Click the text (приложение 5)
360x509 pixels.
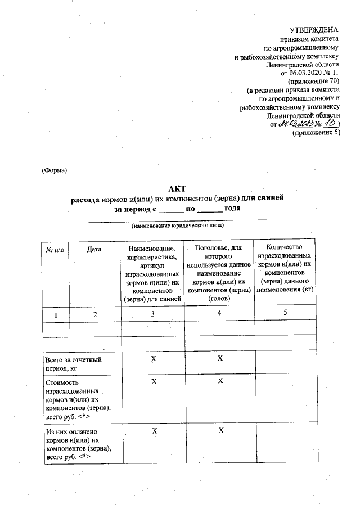(316, 133)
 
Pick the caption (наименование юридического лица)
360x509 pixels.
(178, 226)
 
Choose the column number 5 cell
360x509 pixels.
(285, 313)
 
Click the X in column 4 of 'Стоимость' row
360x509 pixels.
(220, 381)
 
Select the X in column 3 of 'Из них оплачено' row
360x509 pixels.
(152, 430)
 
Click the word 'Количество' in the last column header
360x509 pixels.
(285, 247)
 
